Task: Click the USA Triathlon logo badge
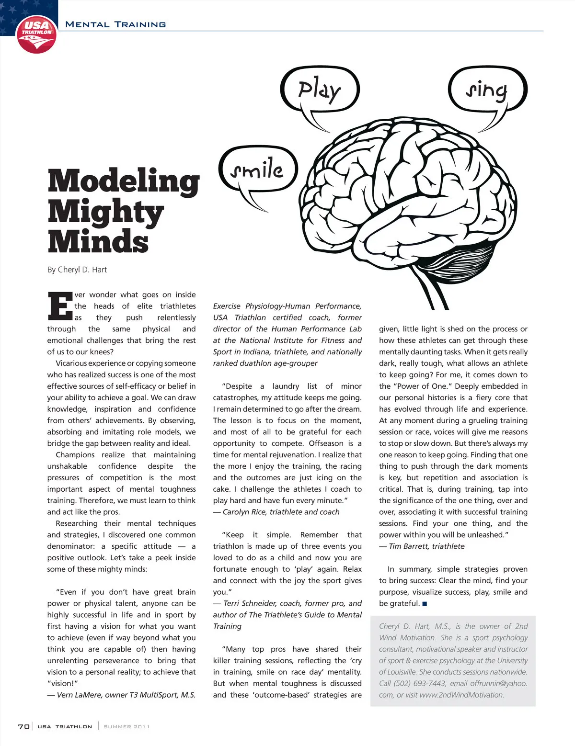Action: click(36, 34)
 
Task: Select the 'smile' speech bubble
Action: click(258, 170)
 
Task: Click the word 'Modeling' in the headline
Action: click(124, 181)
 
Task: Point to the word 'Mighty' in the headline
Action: click(106, 212)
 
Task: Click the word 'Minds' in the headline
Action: click(98, 241)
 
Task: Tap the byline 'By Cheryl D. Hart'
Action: click(77, 270)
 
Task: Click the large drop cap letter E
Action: click(59, 306)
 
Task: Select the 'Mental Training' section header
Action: click(115, 24)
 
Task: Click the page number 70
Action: click(23, 726)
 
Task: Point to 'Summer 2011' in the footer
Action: click(126, 726)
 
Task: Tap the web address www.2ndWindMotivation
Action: click(461, 695)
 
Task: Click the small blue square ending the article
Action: click(425, 604)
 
